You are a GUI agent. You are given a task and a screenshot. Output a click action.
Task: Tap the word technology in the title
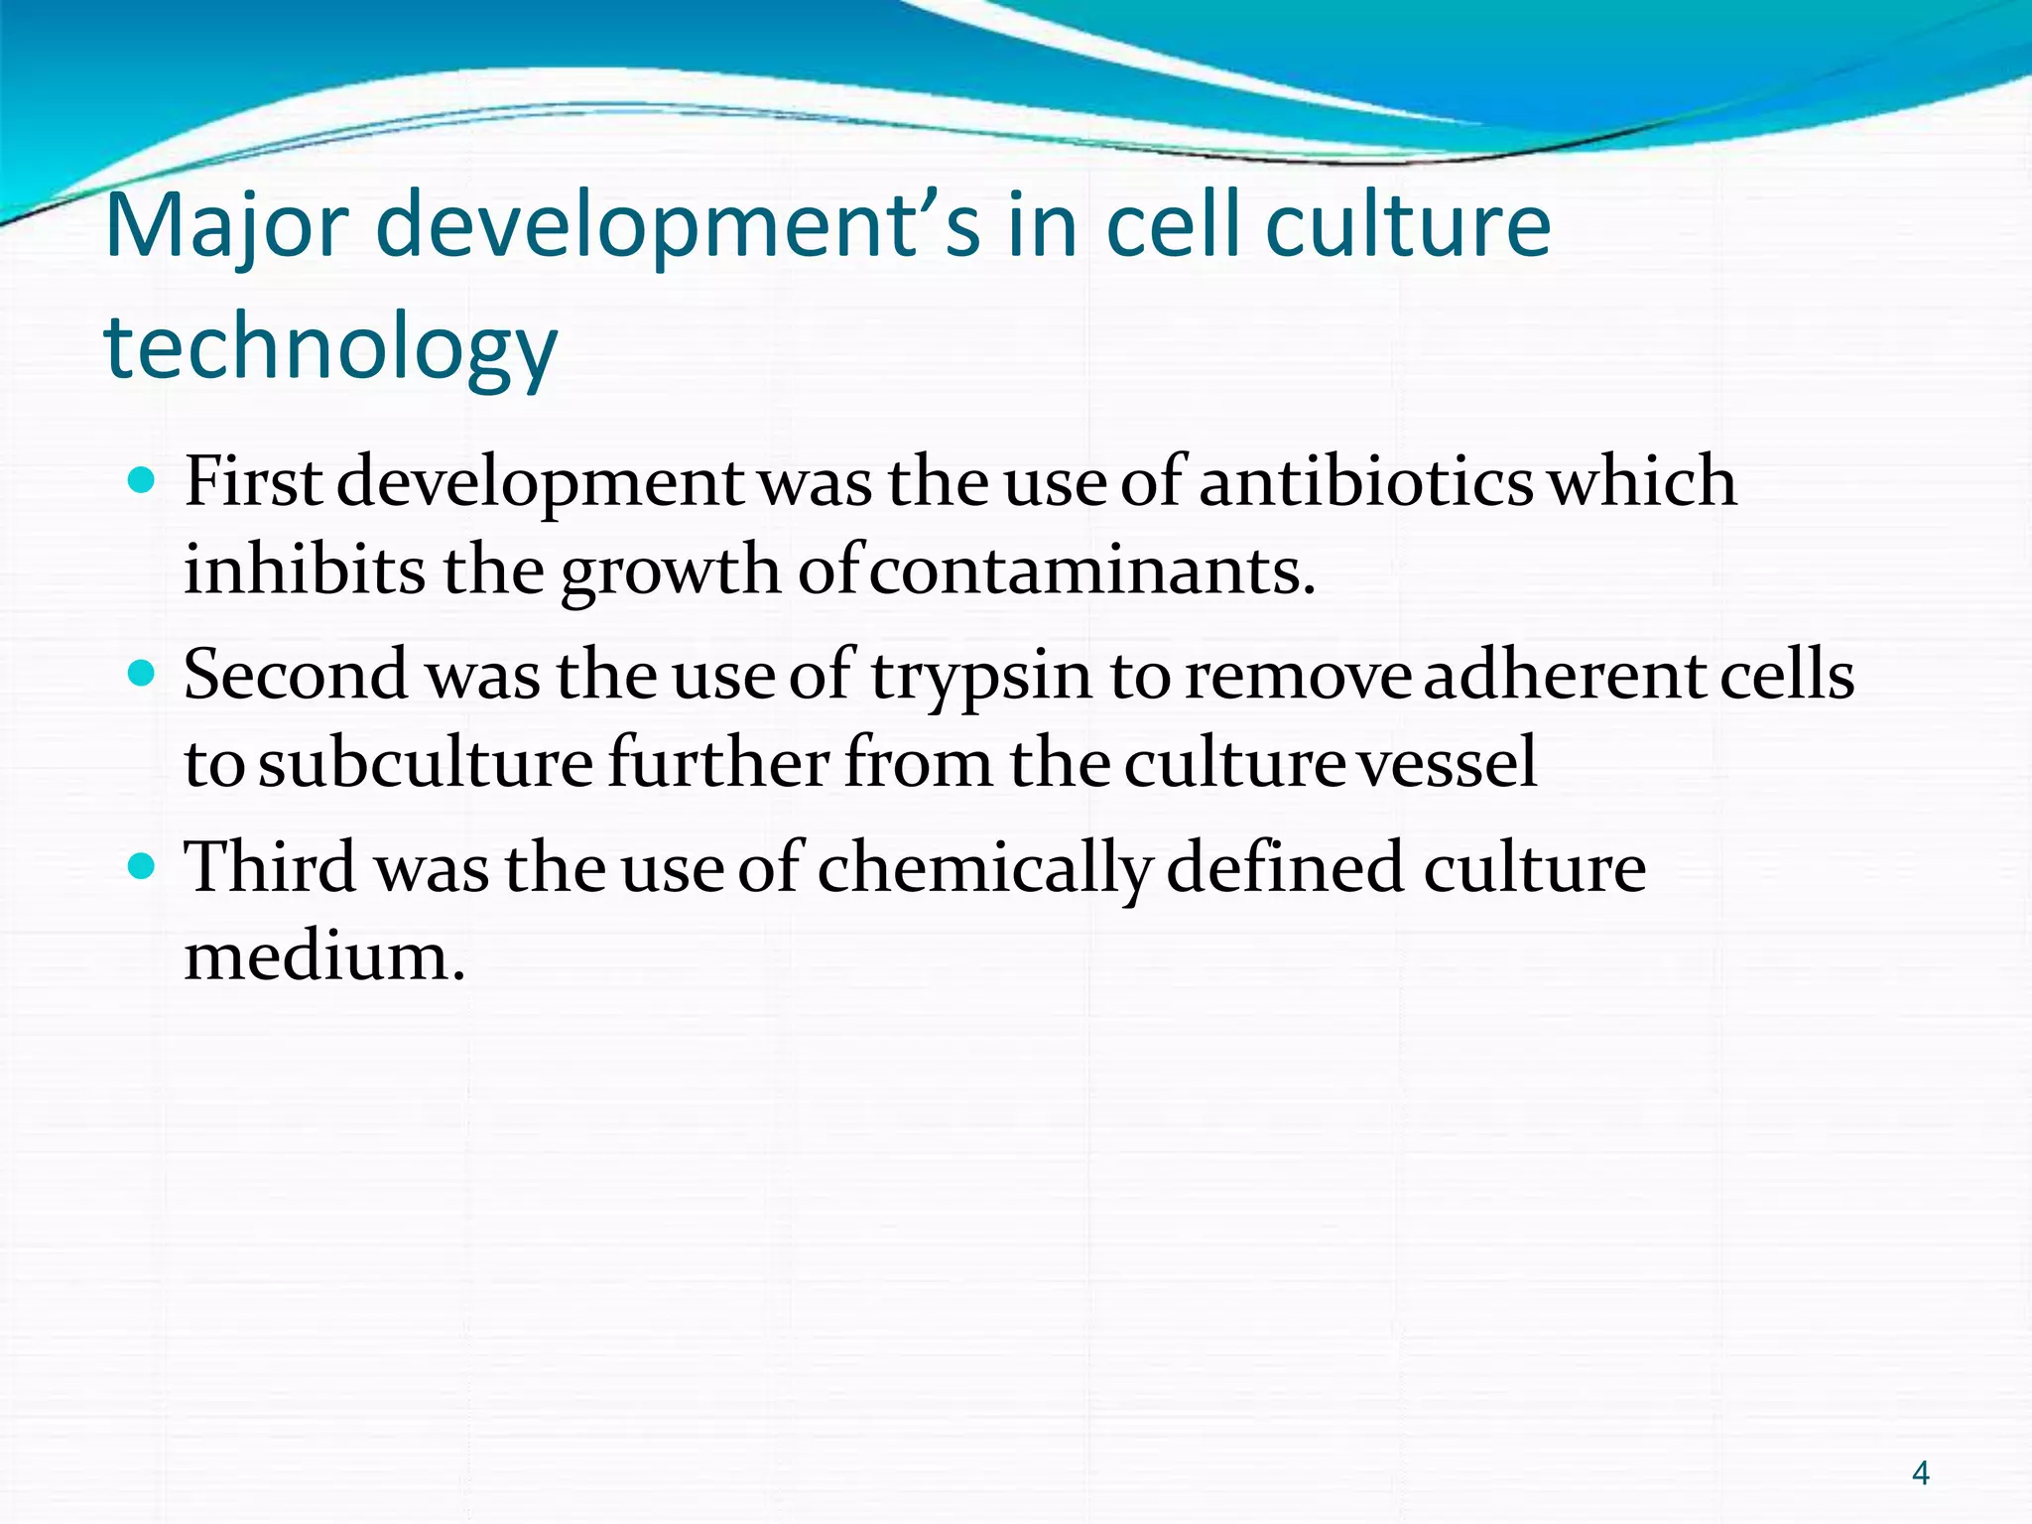point(330,347)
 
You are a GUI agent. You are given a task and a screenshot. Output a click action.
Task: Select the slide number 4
point(1920,1473)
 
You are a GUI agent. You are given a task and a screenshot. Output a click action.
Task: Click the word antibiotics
point(1366,482)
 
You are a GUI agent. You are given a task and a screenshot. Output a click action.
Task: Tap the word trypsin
point(981,676)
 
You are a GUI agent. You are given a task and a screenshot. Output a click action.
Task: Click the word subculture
point(426,764)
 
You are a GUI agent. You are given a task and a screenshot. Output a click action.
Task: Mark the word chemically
point(983,868)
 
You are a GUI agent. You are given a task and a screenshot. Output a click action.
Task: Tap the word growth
point(671,571)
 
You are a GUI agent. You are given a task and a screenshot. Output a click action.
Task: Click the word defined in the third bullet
point(1286,868)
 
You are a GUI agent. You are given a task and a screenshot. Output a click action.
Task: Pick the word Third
point(270,868)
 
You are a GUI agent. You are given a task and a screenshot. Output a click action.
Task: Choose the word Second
point(296,676)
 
